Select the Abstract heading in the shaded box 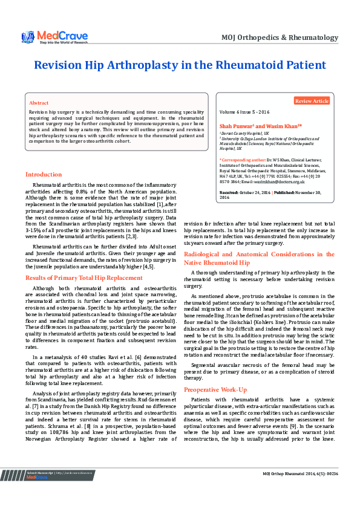[x=39, y=103]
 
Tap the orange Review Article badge [x=312, y=101]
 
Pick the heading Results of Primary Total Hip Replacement [x=84, y=277]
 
